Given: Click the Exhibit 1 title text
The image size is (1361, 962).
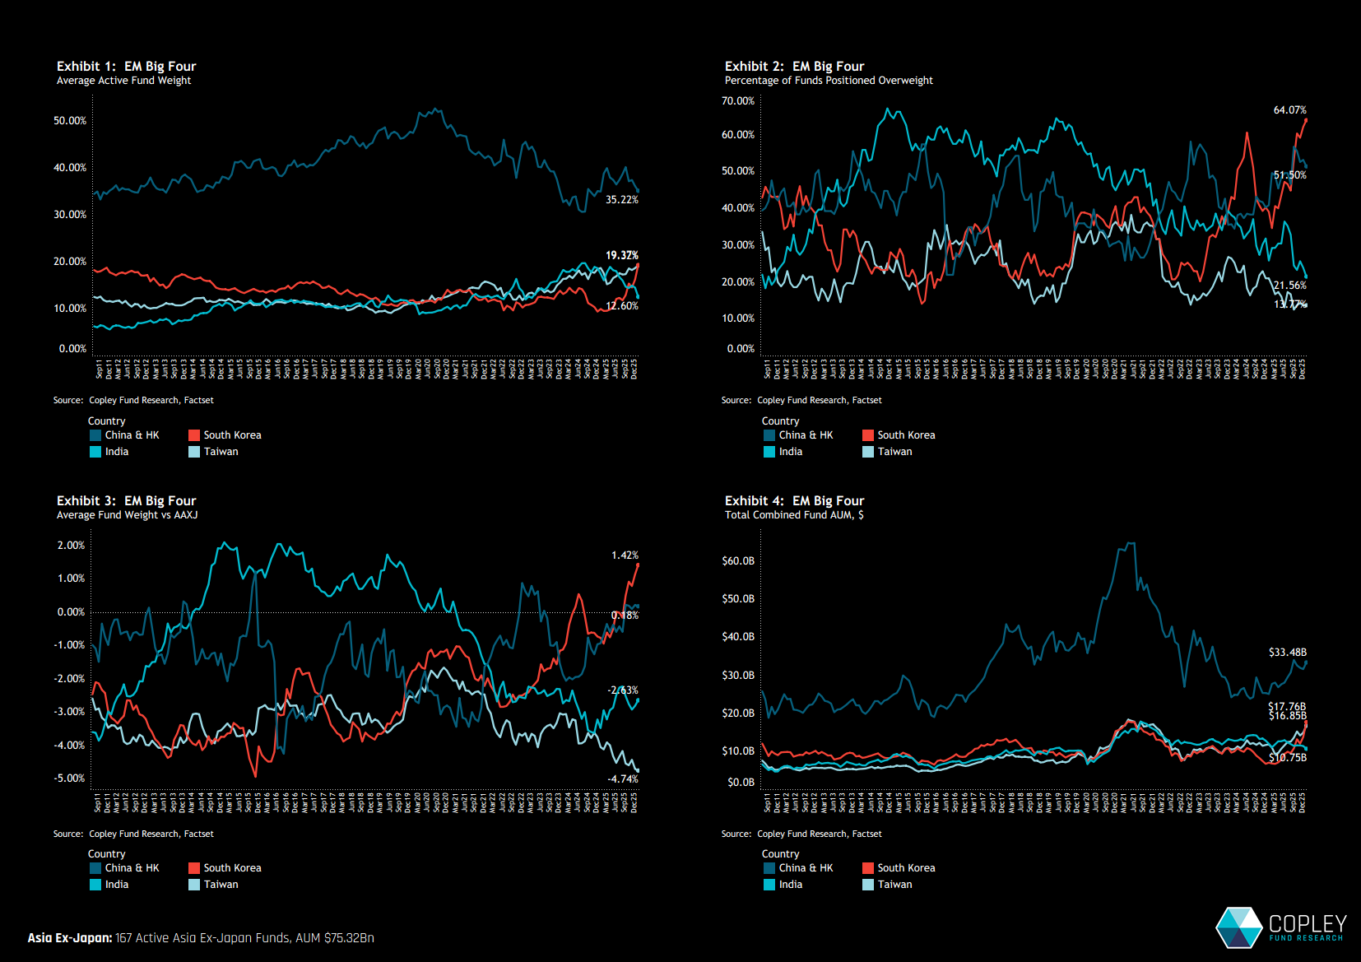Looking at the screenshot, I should coord(126,66).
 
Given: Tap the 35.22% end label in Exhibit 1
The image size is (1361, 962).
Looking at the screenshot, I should coord(621,200).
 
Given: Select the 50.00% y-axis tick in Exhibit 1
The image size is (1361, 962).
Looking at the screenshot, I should coord(70,121).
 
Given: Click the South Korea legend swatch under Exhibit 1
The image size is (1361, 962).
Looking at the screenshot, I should coord(194,435).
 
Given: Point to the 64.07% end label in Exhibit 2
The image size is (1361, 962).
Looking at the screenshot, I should coord(1289,110).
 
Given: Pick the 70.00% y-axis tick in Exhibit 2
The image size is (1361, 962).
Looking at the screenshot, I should coord(738,101).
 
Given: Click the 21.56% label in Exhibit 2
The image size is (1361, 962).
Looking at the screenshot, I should coord(1289,286).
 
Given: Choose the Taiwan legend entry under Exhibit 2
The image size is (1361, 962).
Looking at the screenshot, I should coord(894,452).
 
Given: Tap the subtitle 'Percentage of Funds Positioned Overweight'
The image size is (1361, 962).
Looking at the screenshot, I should coord(829,81).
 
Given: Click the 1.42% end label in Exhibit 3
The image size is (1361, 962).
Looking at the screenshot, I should coord(625,555).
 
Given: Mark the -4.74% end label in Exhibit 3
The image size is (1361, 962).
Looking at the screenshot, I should coord(623,779).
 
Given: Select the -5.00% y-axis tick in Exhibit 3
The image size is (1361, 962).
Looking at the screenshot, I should coord(71,778).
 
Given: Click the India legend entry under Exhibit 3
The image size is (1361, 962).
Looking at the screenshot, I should coord(116,885).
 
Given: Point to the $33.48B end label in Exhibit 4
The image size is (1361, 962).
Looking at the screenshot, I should coord(1287,653).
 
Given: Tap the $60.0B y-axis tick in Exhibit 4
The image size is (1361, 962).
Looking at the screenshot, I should coord(738,561).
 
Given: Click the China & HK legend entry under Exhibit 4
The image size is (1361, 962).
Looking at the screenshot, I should coord(806,868).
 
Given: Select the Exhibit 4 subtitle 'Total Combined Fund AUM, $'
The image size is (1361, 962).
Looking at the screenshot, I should coord(794,515).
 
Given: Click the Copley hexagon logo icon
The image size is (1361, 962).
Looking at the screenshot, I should coord(1238,927).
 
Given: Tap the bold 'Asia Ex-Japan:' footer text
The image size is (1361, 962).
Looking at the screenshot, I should coord(70,938).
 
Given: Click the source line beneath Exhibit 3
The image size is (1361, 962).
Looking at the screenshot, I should coord(133,834).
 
